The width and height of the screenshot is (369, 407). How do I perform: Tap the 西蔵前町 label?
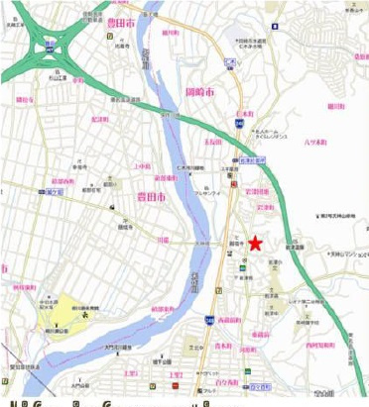(230, 320)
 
